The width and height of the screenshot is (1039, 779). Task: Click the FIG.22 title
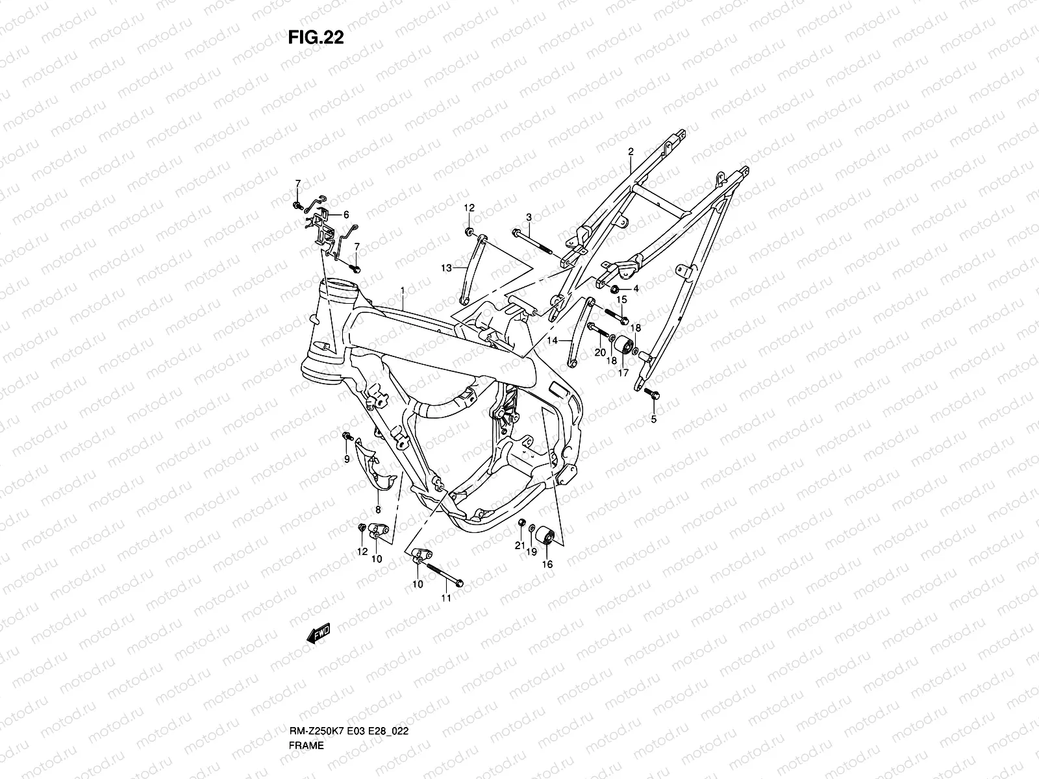(x=316, y=37)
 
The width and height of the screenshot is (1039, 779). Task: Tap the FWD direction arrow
(x=318, y=634)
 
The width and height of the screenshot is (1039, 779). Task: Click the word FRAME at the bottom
(x=307, y=745)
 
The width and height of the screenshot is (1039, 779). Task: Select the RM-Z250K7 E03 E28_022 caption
(x=349, y=731)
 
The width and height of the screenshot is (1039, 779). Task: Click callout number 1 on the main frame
(x=403, y=290)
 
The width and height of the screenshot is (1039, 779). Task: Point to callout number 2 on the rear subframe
(x=631, y=152)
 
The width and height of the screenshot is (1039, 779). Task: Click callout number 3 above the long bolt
(x=529, y=217)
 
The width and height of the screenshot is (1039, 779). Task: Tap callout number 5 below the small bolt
(x=654, y=419)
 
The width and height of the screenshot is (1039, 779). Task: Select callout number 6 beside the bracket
(x=346, y=215)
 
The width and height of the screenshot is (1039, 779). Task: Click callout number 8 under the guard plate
(x=378, y=510)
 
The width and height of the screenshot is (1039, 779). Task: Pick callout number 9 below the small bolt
(x=347, y=459)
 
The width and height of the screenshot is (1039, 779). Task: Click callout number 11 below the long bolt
(x=446, y=599)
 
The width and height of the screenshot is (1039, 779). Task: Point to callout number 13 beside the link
(x=446, y=268)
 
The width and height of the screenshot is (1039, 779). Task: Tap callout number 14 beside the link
(x=552, y=341)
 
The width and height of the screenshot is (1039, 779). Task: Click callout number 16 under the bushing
(x=547, y=564)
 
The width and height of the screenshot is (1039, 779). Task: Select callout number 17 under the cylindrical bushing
(x=623, y=373)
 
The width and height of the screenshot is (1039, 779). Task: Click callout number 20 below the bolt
(x=600, y=352)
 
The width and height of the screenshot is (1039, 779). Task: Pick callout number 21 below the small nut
(x=519, y=545)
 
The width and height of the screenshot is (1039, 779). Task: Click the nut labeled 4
(x=615, y=289)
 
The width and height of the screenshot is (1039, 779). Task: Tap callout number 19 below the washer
(x=532, y=552)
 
